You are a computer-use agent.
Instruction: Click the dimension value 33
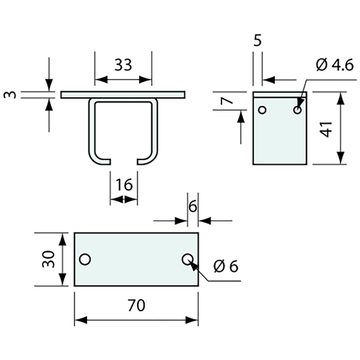coord(124,65)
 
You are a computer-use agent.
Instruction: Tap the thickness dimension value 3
coord(10,95)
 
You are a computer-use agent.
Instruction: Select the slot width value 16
coord(124,184)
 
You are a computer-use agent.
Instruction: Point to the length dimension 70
coord(136,305)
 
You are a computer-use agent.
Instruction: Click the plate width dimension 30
coord(49,259)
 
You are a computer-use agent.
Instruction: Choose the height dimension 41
coord(326,129)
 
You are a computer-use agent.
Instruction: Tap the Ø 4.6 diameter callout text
coord(334,65)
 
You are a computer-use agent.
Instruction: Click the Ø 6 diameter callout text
coord(226,266)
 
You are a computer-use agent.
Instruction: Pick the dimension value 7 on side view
coord(227,101)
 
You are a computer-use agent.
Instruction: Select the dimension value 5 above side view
coord(257,41)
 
